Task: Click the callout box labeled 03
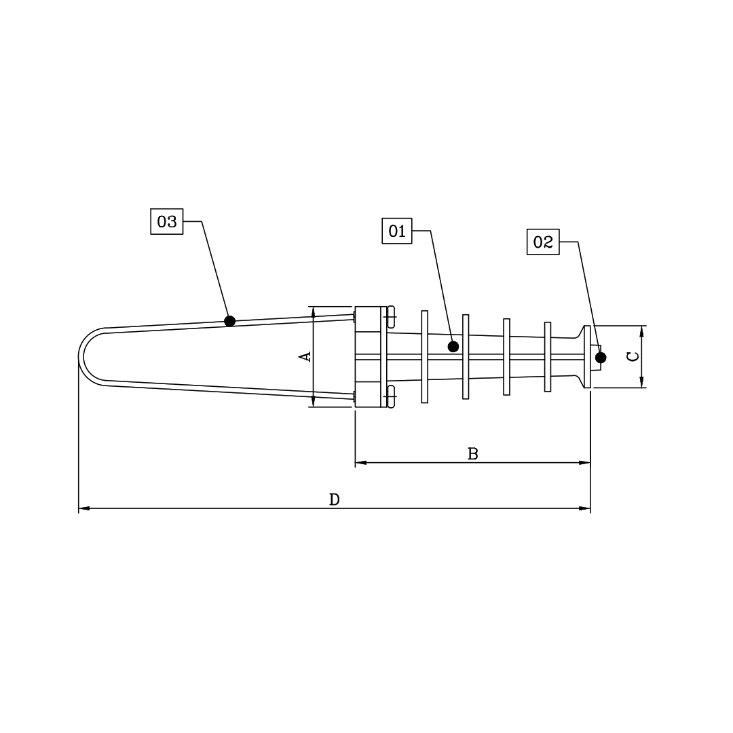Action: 166,221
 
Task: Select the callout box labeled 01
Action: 397,231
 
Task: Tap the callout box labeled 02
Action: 543,242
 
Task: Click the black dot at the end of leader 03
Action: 230,321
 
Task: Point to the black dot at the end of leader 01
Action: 453,347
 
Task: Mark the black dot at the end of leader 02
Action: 601,358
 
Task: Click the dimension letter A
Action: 305,356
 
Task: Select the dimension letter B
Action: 473,454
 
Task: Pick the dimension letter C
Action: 633,356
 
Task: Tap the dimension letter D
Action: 334,500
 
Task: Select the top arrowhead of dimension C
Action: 641,331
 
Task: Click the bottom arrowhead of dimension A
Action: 313,402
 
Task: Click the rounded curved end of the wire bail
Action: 82,357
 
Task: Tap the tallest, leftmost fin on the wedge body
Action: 425,356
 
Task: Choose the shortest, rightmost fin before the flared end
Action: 548,356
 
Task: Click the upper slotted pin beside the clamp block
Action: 391,318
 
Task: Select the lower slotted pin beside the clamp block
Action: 391,396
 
